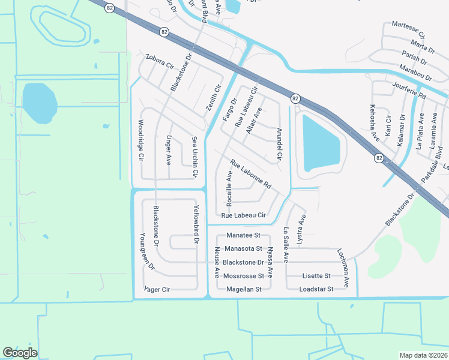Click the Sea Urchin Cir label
tap(194, 157)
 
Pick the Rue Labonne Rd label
tap(251, 174)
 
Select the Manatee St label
tap(243, 236)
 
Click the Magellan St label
tap(243, 289)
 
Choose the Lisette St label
tap(316, 276)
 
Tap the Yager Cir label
tap(157, 289)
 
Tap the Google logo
tap(20, 353)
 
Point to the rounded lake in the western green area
tap(39, 103)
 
